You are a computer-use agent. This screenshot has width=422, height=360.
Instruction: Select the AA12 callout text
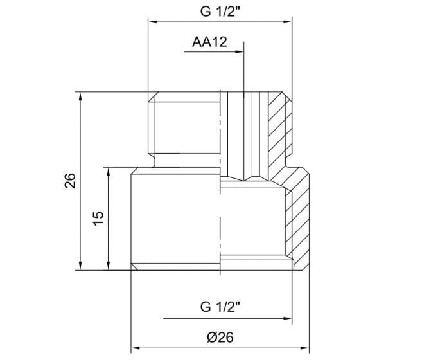pos(210,43)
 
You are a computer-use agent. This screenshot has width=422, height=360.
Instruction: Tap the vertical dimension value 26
pos(70,181)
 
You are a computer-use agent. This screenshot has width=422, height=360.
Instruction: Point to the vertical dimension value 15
pos(98,218)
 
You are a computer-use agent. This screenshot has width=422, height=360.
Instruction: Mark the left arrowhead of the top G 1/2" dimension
pos(154,21)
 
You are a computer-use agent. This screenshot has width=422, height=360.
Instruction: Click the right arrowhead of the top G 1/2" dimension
pos(289,21)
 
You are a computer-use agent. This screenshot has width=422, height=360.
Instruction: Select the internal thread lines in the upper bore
pos(254,135)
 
